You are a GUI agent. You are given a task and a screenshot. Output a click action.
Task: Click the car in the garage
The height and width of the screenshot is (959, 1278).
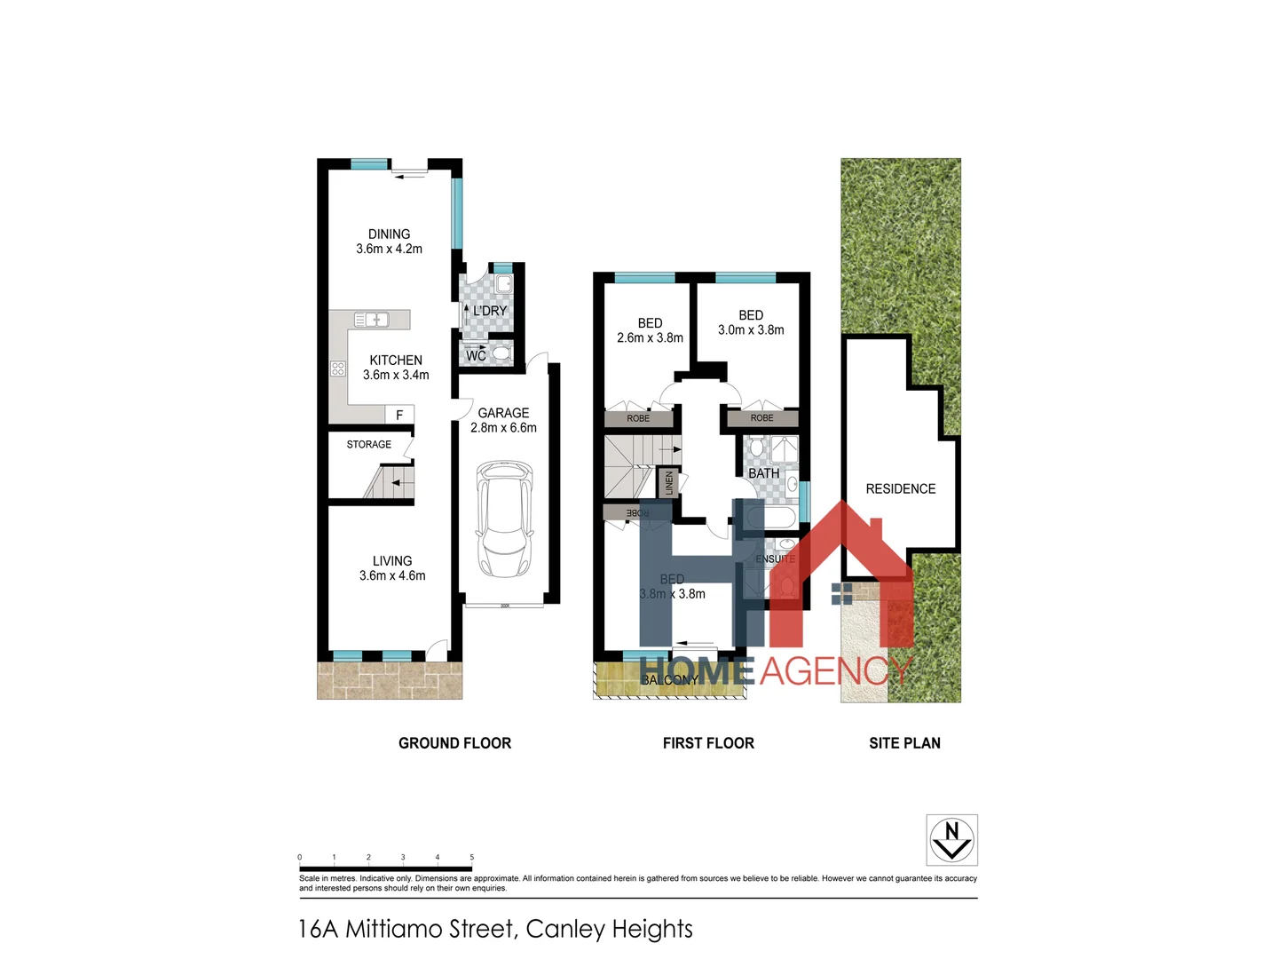click(504, 519)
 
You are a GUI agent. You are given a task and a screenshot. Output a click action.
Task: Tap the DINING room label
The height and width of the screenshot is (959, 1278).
click(390, 234)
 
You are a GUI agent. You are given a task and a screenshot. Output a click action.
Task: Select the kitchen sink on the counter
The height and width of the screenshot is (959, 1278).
click(371, 320)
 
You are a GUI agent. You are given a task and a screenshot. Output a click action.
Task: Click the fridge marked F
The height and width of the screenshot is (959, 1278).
click(399, 415)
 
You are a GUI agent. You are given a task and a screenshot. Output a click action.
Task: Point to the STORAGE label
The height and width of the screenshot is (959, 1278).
click(368, 444)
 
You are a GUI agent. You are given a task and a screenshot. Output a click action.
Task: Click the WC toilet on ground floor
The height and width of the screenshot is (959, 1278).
click(501, 353)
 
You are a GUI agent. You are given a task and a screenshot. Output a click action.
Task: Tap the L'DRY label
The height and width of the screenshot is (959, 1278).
click(490, 311)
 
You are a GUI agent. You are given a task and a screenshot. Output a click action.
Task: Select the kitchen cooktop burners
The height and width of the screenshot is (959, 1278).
click(338, 369)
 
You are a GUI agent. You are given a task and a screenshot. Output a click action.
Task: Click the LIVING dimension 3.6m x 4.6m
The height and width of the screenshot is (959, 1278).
click(392, 575)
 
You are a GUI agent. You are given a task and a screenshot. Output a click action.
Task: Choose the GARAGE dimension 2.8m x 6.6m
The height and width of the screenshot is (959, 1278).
click(503, 428)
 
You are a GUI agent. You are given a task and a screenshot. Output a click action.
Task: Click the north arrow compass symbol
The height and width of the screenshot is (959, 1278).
click(951, 839)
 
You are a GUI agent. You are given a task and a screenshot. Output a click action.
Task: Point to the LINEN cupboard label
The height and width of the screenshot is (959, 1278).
click(669, 483)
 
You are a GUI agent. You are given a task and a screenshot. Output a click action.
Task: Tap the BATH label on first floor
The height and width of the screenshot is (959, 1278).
click(763, 473)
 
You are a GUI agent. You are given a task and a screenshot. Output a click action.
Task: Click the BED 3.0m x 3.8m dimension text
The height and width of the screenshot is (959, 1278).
click(751, 329)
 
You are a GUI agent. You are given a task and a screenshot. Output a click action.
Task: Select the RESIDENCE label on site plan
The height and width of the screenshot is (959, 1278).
click(900, 488)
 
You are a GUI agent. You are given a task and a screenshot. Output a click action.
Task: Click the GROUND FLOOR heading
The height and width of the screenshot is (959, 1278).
click(454, 743)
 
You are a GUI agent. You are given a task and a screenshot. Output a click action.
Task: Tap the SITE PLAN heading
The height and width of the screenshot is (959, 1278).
click(904, 743)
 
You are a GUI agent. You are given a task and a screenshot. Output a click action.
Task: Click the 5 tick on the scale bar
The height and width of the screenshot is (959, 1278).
click(471, 858)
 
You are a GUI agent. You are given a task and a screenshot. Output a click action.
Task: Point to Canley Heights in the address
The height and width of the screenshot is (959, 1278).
click(609, 929)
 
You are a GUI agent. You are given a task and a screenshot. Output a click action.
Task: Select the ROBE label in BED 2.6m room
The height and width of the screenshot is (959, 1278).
click(638, 418)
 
